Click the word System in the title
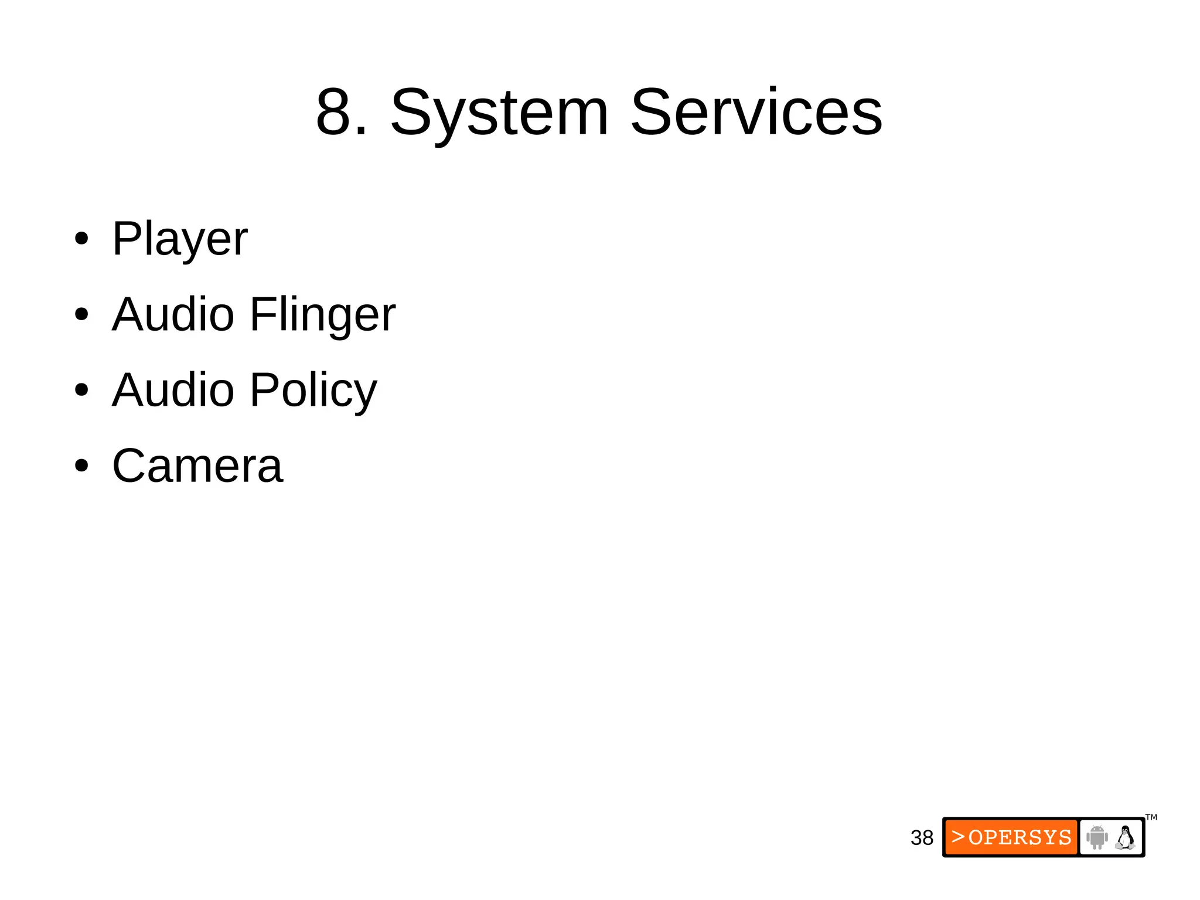(x=499, y=113)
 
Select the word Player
(x=180, y=240)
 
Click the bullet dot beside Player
(x=81, y=239)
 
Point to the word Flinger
(x=323, y=315)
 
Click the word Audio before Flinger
(x=173, y=314)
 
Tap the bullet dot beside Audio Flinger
(x=81, y=314)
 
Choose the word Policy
(x=313, y=391)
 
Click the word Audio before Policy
(x=173, y=390)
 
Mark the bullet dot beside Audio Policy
(x=81, y=390)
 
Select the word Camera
(x=197, y=466)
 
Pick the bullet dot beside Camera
(x=81, y=466)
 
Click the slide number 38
(x=922, y=838)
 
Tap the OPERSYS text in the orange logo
(x=1020, y=837)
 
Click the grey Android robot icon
(x=1096, y=837)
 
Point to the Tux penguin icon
(x=1125, y=837)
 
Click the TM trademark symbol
(x=1151, y=817)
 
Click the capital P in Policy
(x=263, y=390)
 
